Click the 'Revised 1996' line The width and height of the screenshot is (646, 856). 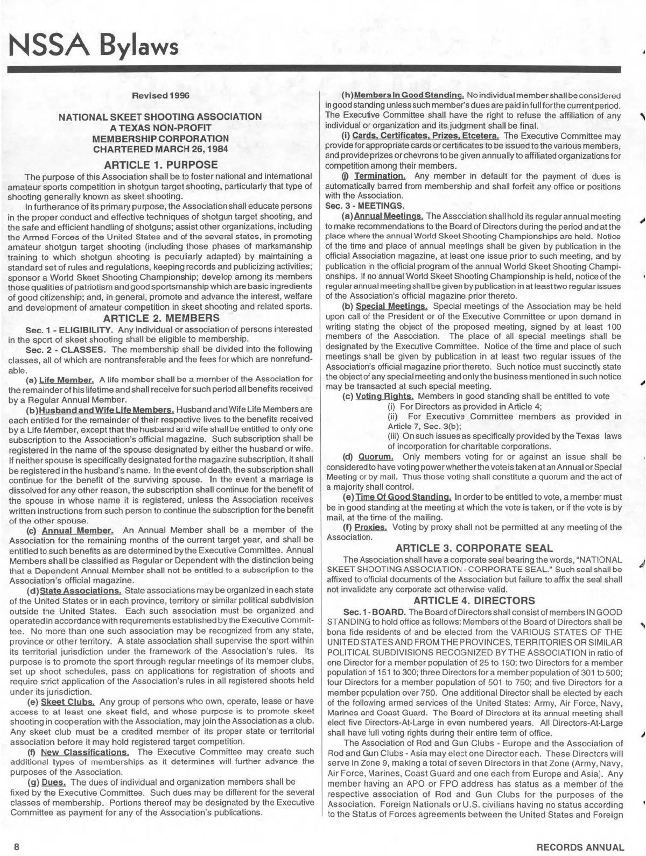pyautogui.click(x=161, y=96)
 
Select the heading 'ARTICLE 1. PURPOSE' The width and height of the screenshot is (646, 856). pyautogui.click(x=160, y=164)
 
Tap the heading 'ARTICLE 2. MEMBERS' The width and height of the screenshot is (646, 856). pyautogui.click(x=160, y=317)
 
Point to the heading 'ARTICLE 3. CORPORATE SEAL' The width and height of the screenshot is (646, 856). pyautogui.click(x=474, y=548)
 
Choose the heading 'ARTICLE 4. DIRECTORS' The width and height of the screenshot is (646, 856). pyautogui.click(x=474, y=600)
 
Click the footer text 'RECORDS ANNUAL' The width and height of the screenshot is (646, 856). pyautogui.click(x=580, y=846)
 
